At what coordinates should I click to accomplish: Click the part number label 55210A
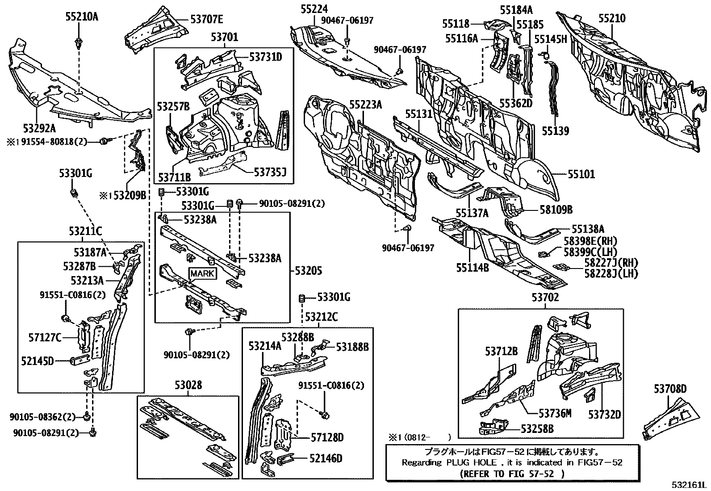[79, 17]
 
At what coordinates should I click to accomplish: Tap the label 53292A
[40, 129]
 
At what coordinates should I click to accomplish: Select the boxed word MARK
[202, 273]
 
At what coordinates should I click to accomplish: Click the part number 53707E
[207, 19]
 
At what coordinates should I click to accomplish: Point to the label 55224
[314, 8]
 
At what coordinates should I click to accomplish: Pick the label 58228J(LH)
[611, 273]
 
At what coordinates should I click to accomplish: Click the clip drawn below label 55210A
[79, 44]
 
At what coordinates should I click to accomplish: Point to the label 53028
[188, 385]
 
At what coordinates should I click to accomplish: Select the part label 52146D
[326, 458]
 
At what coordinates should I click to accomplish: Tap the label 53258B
[537, 429]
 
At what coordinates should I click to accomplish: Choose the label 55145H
[550, 39]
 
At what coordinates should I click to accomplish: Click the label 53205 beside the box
[309, 270]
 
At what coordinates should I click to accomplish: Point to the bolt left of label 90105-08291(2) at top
[240, 204]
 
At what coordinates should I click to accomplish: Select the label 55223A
[366, 105]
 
